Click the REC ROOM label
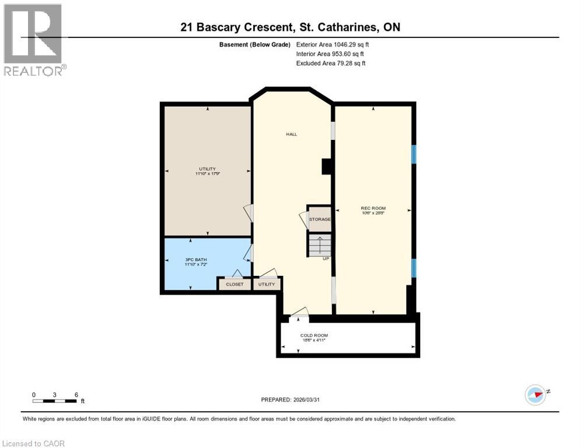click(373, 208)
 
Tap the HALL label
click(291, 134)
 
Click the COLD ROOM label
click(314, 335)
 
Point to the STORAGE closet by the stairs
click(320, 219)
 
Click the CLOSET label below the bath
click(235, 284)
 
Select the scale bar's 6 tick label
click(76, 394)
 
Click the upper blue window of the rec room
click(414, 154)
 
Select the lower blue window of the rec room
click(414, 268)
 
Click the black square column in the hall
click(327, 167)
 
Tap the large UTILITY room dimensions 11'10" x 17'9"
click(207, 173)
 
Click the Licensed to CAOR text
click(33, 443)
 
